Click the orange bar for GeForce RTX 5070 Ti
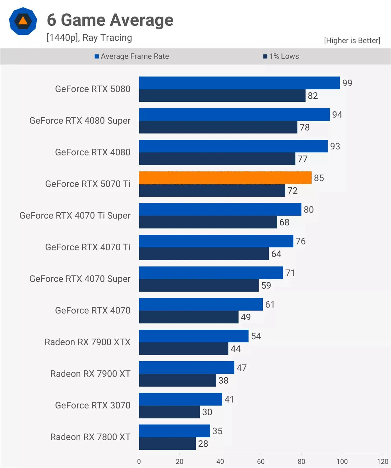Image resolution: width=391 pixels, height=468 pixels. click(x=225, y=178)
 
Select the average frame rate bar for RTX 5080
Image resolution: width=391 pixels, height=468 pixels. click(x=239, y=83)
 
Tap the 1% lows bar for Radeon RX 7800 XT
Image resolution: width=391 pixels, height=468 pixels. click(x=167, y=444)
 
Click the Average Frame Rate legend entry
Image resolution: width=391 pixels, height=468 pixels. click(x=132, y=56)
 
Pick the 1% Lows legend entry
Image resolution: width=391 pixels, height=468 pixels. click(x=281, y=56)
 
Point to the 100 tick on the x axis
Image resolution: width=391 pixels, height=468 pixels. click(x=342, y=461)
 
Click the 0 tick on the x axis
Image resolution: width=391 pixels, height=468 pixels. click(x=139, y=461)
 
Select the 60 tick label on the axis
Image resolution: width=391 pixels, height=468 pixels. click(x=261, y=461)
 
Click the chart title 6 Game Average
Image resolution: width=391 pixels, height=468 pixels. click(x=110, y=20)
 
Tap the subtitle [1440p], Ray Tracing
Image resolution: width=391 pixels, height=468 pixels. click(x=89, y=38)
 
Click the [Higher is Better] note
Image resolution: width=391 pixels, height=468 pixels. click(x=352, y=40)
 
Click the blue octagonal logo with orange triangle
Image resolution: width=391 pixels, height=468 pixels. click(x=23, y=21)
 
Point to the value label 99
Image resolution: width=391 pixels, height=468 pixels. click(x=347, y=83)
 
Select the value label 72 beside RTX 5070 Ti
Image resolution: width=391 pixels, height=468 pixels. click(x=292, y=191)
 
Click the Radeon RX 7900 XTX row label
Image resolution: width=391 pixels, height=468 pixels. click(x=87, y=342)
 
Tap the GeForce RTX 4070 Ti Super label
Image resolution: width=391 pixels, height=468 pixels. click(x=75, y=215)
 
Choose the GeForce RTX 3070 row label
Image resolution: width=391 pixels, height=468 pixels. click(x=93, y=405)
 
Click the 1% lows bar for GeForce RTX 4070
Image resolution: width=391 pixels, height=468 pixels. click(x=189, y=317)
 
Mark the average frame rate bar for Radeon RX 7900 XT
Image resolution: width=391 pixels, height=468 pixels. click(x=186, y=368)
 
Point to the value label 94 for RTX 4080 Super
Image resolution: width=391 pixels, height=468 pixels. click(x=337, y=115)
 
